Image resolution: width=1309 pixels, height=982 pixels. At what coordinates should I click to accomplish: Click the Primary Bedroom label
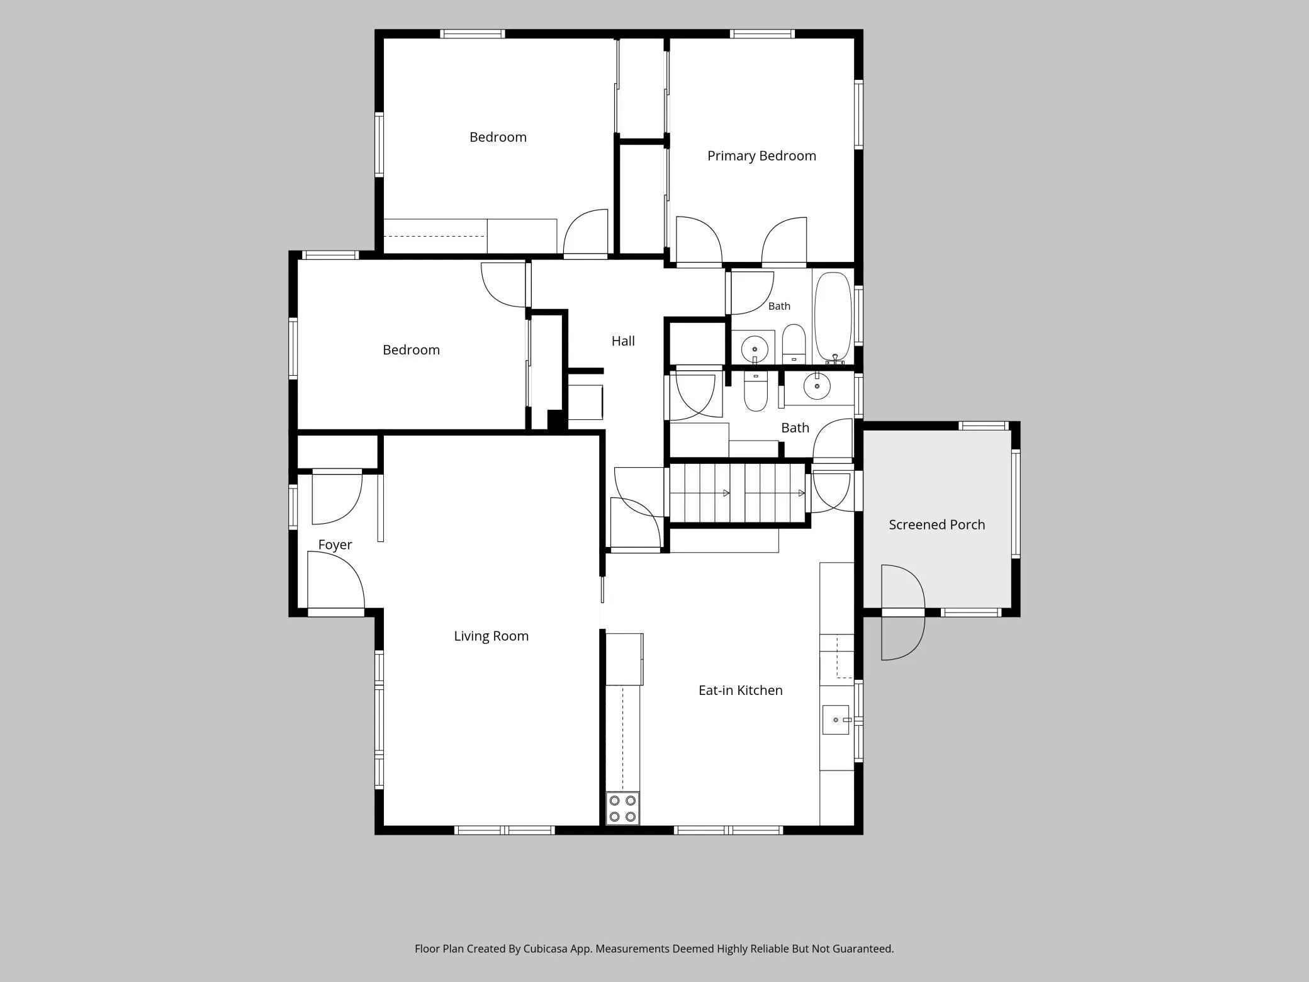coord(761,156)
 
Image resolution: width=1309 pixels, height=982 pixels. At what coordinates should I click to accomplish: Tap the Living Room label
coord(492,636)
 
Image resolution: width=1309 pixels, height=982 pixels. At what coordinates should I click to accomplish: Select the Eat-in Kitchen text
coord(741,691)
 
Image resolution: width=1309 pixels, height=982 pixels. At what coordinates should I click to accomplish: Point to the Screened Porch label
coord(937,525)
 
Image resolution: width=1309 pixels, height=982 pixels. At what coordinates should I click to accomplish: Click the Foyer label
coord(335,545)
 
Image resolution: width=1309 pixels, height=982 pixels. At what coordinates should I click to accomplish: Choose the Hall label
coord(623,341)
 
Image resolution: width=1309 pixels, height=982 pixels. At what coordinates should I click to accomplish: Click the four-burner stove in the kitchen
coord(622,808)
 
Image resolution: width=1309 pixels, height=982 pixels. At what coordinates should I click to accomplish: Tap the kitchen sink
coord(836,720)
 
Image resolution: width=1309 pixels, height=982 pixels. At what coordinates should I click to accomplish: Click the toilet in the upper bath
coord(794,344)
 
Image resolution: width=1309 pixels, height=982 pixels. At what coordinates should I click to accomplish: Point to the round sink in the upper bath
coord(755,348)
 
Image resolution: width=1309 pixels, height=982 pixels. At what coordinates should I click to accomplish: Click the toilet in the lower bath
coord(755,391)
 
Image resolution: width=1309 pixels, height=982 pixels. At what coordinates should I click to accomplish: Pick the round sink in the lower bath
coord(817,386)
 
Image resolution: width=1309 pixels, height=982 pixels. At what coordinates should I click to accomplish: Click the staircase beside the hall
coord(738,494)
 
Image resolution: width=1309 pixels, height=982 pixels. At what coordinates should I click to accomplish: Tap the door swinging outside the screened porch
coord(903,612)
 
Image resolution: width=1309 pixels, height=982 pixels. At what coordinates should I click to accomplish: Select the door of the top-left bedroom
coord(585,233)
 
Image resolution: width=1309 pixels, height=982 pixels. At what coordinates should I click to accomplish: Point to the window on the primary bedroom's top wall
coord(762,34)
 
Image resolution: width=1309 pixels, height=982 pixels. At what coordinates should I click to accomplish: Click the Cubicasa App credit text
coord(654,949)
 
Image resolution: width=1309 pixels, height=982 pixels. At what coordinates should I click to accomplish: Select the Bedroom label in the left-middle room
coord(411,350)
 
